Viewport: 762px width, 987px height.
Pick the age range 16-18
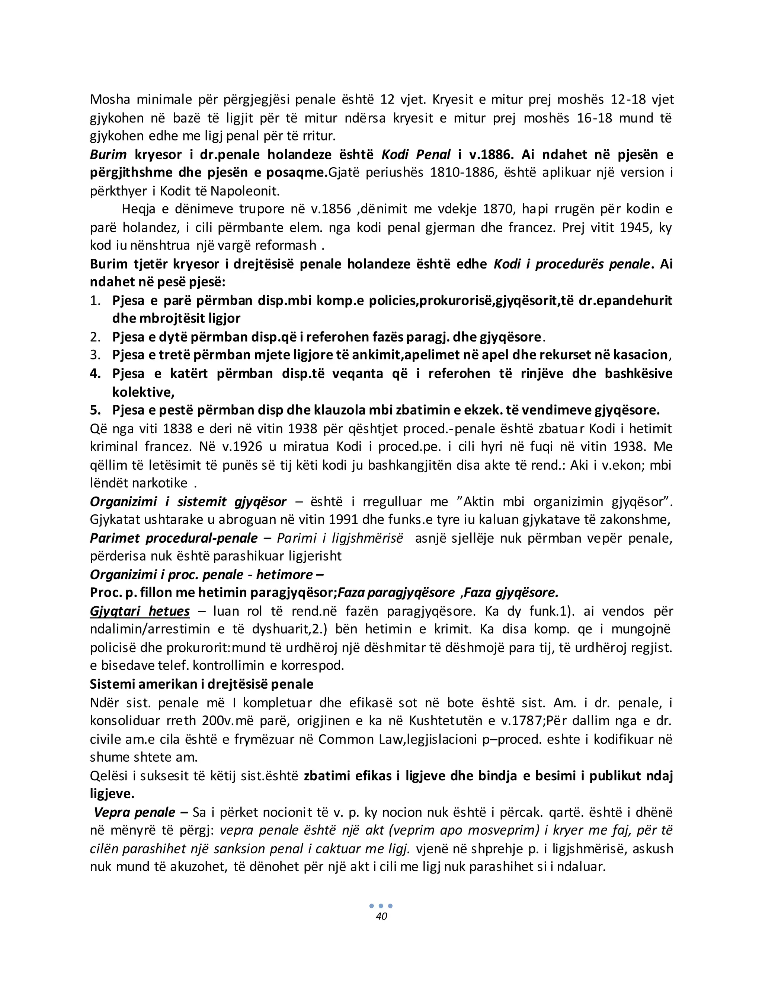(x=593, y=118)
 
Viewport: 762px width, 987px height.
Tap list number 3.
(x=95, y=355)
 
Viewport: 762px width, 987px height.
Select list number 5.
(x=95, y=410)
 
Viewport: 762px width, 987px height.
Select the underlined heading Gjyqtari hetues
(x=140, y=611)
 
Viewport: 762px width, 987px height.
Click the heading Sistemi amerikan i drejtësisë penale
(x=201, y=684)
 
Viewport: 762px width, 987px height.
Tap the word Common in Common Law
(x=346, y=739)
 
